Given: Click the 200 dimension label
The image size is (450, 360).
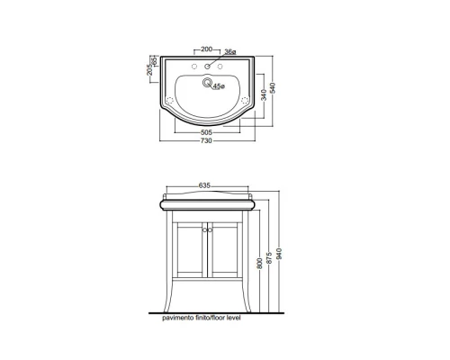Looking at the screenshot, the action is [206, 49].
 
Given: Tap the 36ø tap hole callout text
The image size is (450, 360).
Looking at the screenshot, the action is [230, 52].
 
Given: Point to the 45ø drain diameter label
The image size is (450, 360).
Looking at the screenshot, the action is [219, 86].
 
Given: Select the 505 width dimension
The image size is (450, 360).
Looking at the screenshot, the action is [206, 132].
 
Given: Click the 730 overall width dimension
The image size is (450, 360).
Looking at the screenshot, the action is [206, 140].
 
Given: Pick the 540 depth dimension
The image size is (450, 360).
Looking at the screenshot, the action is [273, 87].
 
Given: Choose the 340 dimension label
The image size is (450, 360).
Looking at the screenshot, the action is [264, 95].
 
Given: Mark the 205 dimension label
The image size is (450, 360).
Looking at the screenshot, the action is [150, 70].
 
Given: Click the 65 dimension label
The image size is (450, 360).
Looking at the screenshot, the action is [155, 61].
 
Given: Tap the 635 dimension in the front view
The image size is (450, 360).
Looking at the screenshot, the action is [204, 185].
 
